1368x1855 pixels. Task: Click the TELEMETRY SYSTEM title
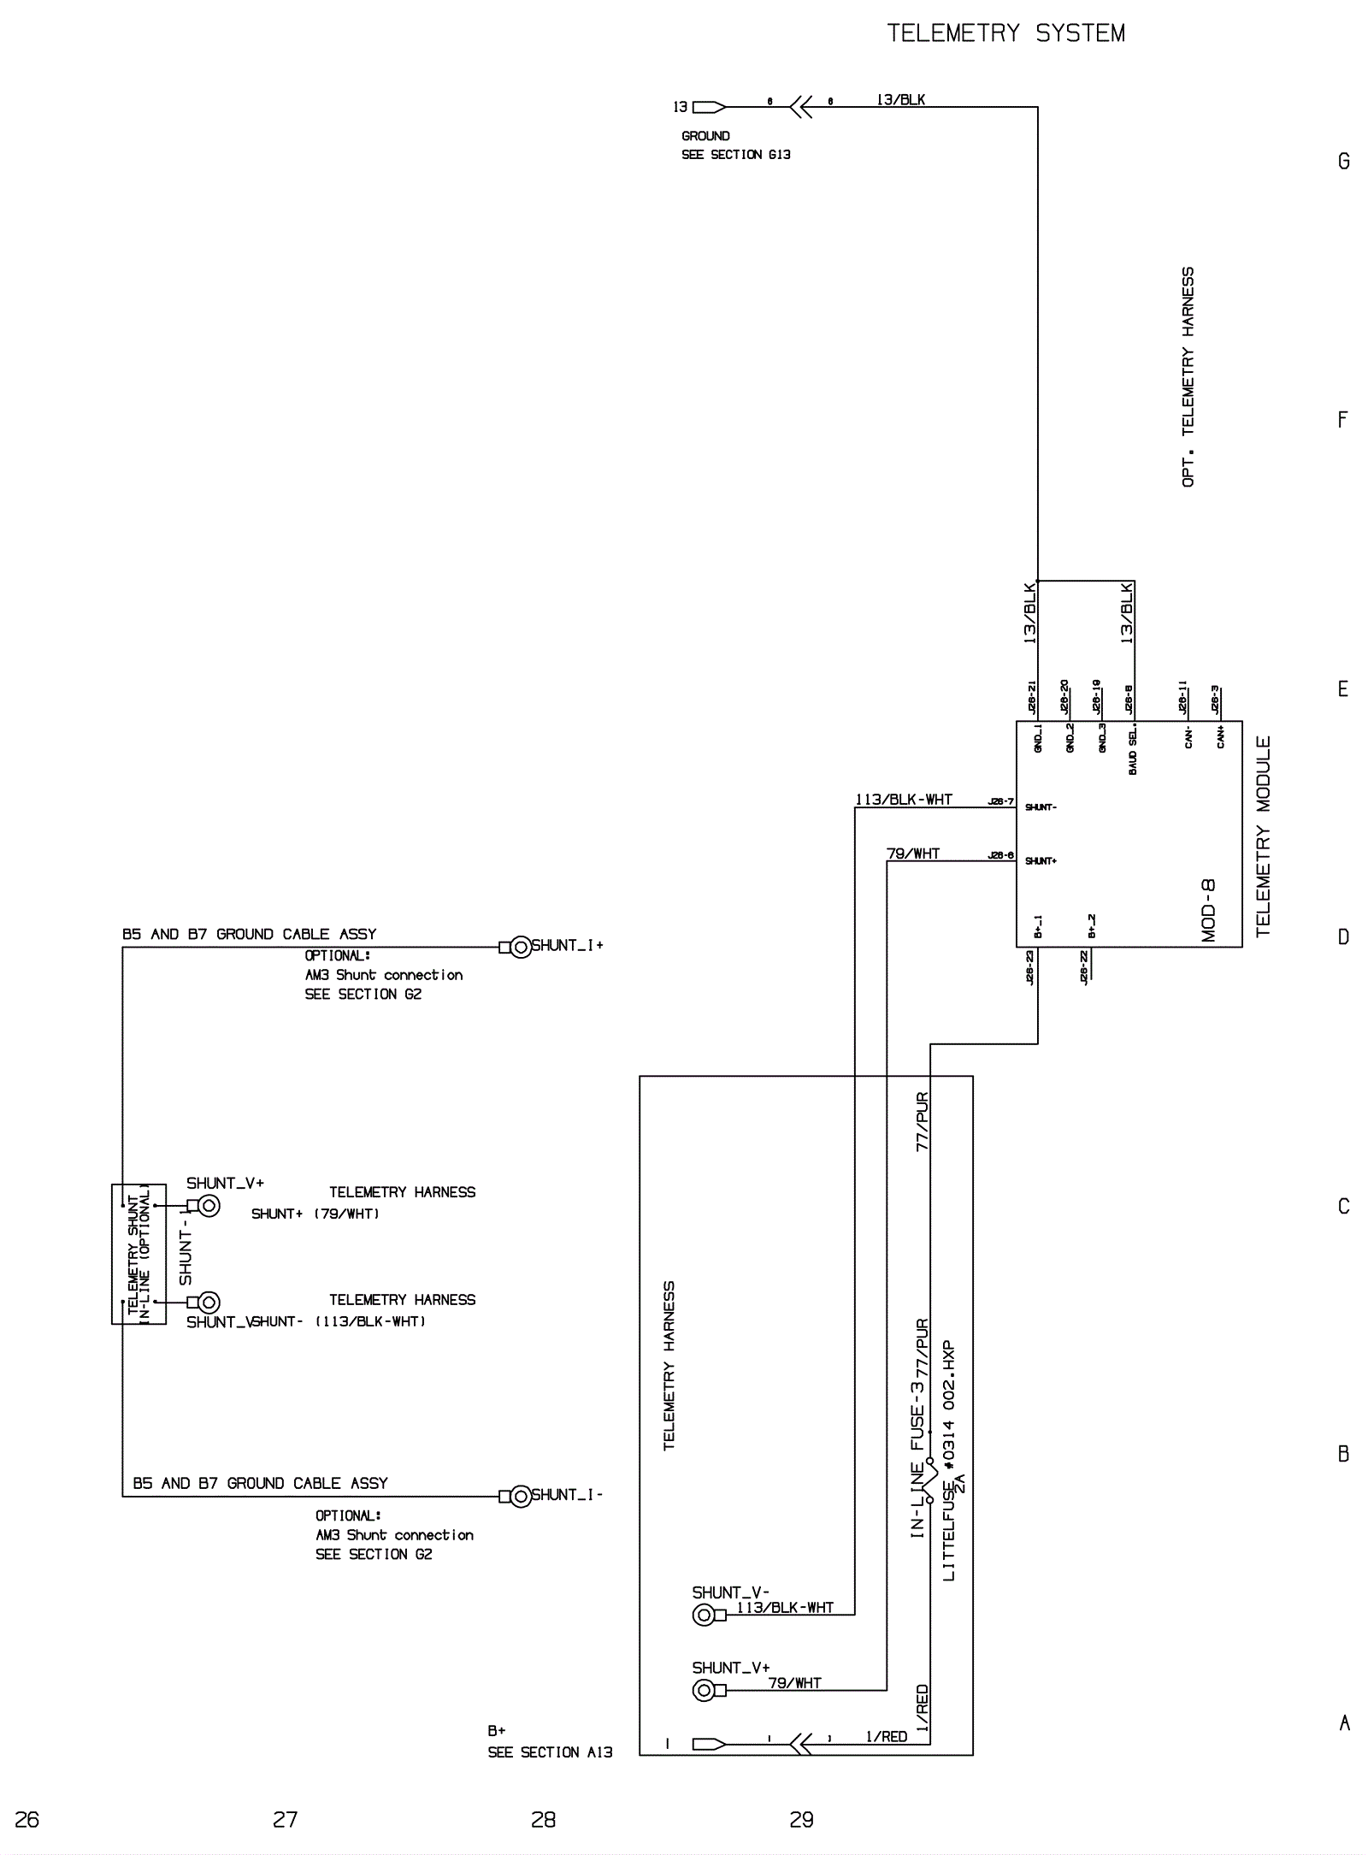[x=1005, y=33]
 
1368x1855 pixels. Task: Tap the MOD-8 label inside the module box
[x=1208, y=910]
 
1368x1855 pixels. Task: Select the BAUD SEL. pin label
[x=1133, y=752]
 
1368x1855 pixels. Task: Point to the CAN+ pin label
[x=1220, y=736]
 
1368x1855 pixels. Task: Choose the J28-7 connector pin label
[x=1000, y=801]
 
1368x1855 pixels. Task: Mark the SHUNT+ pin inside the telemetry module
[x=1041, y=860]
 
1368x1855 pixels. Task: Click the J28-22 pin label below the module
[x=1084, y=967]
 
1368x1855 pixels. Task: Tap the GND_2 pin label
[x=1070, y=738]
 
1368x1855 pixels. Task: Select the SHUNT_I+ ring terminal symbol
[x=521, y=947]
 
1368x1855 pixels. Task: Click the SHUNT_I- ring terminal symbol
[x=521, y=1497]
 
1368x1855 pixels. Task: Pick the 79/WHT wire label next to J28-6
[x=912, y=854]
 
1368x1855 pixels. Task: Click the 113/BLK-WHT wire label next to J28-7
[x=904, y=800]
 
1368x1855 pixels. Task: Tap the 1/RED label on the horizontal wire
[x=886, y=1736]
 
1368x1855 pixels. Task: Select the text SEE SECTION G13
[x=735, y=155]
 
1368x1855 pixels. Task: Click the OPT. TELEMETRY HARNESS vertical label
[x=1188, y=377]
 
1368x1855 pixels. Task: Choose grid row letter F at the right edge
[x=1342, y=420]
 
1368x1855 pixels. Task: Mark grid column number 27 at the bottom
[x=285, y=1819]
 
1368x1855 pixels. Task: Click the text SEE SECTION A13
[x=550, y=1752]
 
